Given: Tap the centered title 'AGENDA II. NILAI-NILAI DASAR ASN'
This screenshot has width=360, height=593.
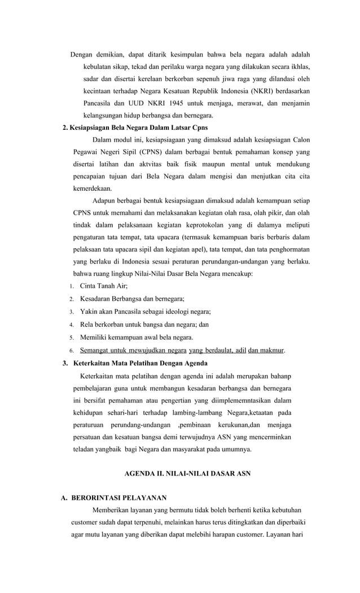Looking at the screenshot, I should point(187,473).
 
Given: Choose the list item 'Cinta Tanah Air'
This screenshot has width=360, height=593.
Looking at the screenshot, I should point(103,286).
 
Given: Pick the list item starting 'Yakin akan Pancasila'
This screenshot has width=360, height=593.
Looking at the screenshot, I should point(145,311).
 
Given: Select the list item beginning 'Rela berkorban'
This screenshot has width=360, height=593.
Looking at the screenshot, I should point(144,324).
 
